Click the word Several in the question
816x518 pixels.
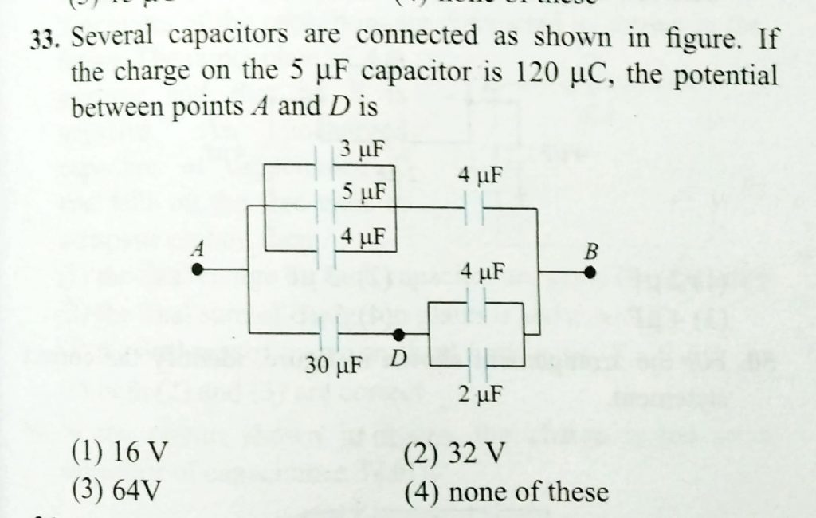pos(110,37)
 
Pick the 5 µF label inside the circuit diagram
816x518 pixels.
pos(363,193)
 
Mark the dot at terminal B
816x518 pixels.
pos(590,272)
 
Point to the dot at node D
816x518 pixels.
pos(400,334)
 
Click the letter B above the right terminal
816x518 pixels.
pos(590,252)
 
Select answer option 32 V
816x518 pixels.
pos(455,454)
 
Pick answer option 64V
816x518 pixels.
pos(119,489)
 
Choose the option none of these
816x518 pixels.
pos(506,491)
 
